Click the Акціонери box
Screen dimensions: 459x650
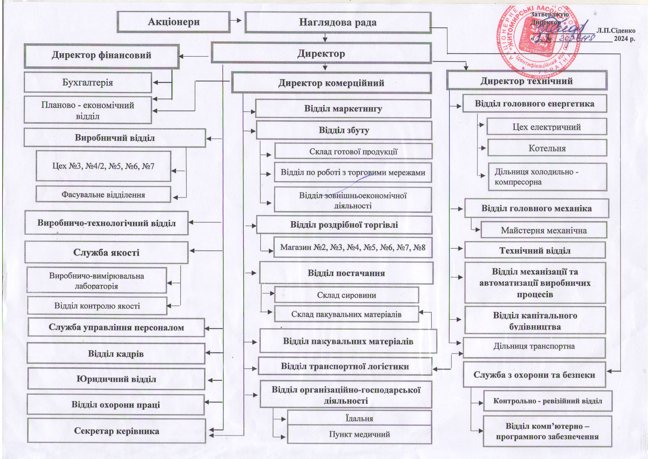click(174, 22)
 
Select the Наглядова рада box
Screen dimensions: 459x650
click(338, 22)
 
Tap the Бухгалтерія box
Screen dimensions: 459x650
click(88, 82)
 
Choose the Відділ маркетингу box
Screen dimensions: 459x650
click(343, 109)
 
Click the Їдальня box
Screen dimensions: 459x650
click(359, 418)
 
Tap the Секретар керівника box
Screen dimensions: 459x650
click(117, 431)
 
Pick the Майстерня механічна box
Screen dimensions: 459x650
click(544, 230)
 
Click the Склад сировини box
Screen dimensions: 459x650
click(346, 295)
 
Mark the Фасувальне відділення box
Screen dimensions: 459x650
click(103, 195)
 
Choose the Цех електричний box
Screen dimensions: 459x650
click(546, 127)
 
